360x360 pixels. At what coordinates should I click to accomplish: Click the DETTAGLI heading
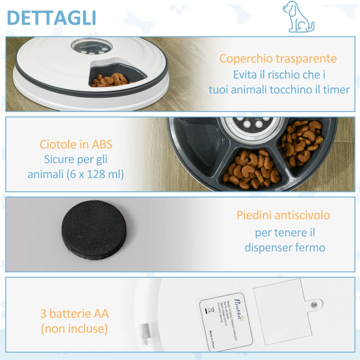coord(52,18)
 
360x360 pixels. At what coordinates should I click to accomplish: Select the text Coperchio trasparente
coord(278,58)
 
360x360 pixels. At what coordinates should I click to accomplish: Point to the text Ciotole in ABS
coord(76,144)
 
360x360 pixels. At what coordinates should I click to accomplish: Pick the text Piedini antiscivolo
coord(283,215)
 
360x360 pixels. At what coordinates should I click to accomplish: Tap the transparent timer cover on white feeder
coord(90,46)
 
